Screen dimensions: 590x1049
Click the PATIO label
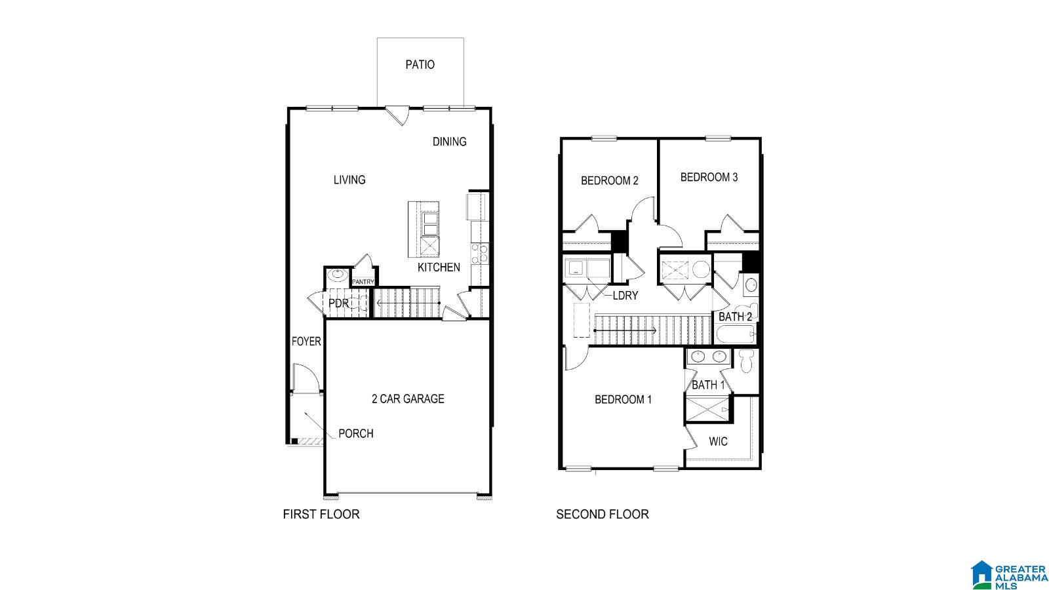click(x=420, y=64)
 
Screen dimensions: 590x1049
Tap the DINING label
click(x=449, y=142)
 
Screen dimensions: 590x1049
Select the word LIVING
click(x=349, y=180)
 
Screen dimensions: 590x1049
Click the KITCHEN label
click(x=439, y=267)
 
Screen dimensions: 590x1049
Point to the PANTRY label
click(x=363, y=282)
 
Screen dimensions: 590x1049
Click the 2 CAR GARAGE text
click(x=408, y=399)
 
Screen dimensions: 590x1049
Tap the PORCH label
click(x=356, y=433)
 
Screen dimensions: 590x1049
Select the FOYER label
click(x=306, y=342)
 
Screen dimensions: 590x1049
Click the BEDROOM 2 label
click(x=609, y=181)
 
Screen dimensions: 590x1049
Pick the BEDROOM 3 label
click(x=709, y=177)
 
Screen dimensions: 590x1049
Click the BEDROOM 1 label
click(x=623, y=399)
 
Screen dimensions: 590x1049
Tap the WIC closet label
click(x=718, y=442)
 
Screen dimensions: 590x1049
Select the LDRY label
click(x=625, y=296)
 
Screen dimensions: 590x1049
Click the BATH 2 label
click(x=735, y=317)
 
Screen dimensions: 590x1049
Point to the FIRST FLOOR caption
click(x=321, y=515)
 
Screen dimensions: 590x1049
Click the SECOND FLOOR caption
click(x=602, y=515)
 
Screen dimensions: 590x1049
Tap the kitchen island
click(x=424, y=229)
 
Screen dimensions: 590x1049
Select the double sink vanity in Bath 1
click(x=707, y=357)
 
